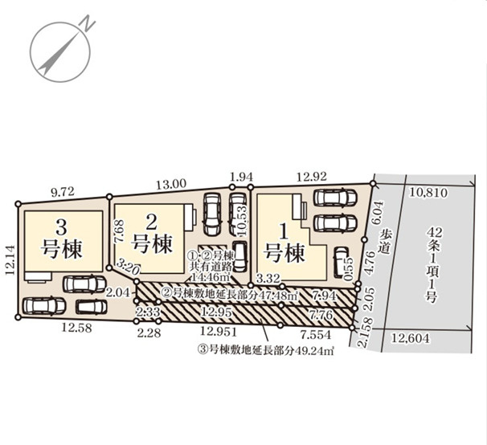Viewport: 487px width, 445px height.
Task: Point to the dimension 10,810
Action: (428, 193)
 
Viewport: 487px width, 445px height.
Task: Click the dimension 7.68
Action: (119, 238)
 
